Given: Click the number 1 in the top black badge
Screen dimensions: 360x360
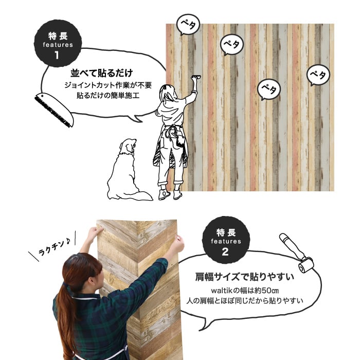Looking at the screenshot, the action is click(x=57, y=56).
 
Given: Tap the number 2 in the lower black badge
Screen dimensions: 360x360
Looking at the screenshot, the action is click(x=225, y=252).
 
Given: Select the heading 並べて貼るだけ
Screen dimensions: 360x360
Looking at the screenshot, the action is click(x=102, y=73).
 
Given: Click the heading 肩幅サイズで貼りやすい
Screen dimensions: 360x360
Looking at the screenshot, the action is click(x=244, y=277).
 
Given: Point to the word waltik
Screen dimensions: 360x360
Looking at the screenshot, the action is click(x=222, y=291).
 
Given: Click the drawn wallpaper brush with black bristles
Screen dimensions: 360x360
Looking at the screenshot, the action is click(x=54, y=110).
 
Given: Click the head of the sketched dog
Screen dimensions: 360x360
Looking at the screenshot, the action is click(x=128, y=146).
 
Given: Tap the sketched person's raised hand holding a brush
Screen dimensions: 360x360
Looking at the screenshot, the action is click(x=195, y=78).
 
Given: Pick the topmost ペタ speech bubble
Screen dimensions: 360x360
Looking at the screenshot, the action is click(x=188, y=24).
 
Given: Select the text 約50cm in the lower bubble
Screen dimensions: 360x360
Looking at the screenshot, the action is click(x=266, y=291).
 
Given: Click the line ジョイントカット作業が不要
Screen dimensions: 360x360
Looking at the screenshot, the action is click(x=108, y=85).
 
